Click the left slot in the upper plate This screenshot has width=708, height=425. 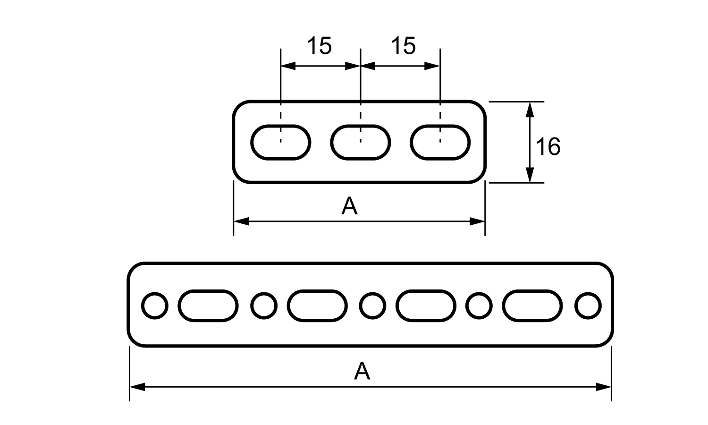(x=280, y=142)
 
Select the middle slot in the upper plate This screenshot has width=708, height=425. (x=361, y=142)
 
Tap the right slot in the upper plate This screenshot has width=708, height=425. (x=440, y=142)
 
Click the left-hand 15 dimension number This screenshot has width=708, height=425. (x=319, y=46)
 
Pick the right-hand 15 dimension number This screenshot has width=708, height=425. (x=403, y=46)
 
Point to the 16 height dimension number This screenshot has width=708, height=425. (x=548, y=147)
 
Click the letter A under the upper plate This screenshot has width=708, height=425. (x=349, y=206)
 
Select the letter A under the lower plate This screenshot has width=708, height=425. (x=362, y=371)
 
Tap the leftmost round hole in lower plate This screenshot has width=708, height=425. (x=154, y=306)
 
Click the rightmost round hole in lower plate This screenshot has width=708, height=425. (x=588, y=306)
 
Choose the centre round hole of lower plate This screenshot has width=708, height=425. (x=372, y=306)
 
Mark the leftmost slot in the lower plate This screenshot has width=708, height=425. (x=208, y=306)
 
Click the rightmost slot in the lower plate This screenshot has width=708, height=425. (x=533, y=306)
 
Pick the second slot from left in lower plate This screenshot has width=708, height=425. (x=317, y=306)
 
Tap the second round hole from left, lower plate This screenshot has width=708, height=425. (x=263, y=306)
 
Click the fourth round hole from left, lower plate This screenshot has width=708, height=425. (x=479, y=306)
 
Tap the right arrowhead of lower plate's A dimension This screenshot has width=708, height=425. (x=604, y=387)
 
